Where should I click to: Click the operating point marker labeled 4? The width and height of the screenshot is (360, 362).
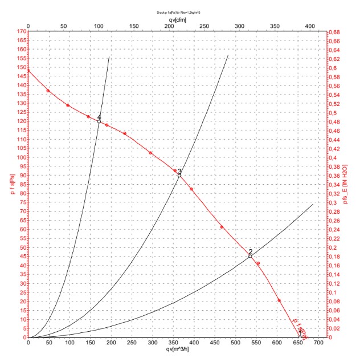point(99,121)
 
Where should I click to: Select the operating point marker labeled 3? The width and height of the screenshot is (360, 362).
point(179,176)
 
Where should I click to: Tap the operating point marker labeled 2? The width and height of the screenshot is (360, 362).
point(250,256)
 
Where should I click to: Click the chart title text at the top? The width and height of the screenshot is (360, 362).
point(176,11)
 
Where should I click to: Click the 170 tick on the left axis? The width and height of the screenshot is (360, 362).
point(22,31)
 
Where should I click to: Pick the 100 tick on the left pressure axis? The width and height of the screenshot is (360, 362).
point(22,157)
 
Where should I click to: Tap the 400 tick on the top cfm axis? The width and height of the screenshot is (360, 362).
point(310,26)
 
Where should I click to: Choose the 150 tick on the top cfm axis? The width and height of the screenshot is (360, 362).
point(134,26)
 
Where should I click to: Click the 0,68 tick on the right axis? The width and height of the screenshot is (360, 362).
point(336,31)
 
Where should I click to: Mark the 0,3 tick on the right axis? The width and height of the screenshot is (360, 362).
point(334,202)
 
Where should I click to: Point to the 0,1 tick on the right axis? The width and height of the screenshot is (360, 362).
point(334,292)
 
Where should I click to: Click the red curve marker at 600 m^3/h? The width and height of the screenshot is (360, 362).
point(279,300)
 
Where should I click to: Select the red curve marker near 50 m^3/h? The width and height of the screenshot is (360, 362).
point(48,91)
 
